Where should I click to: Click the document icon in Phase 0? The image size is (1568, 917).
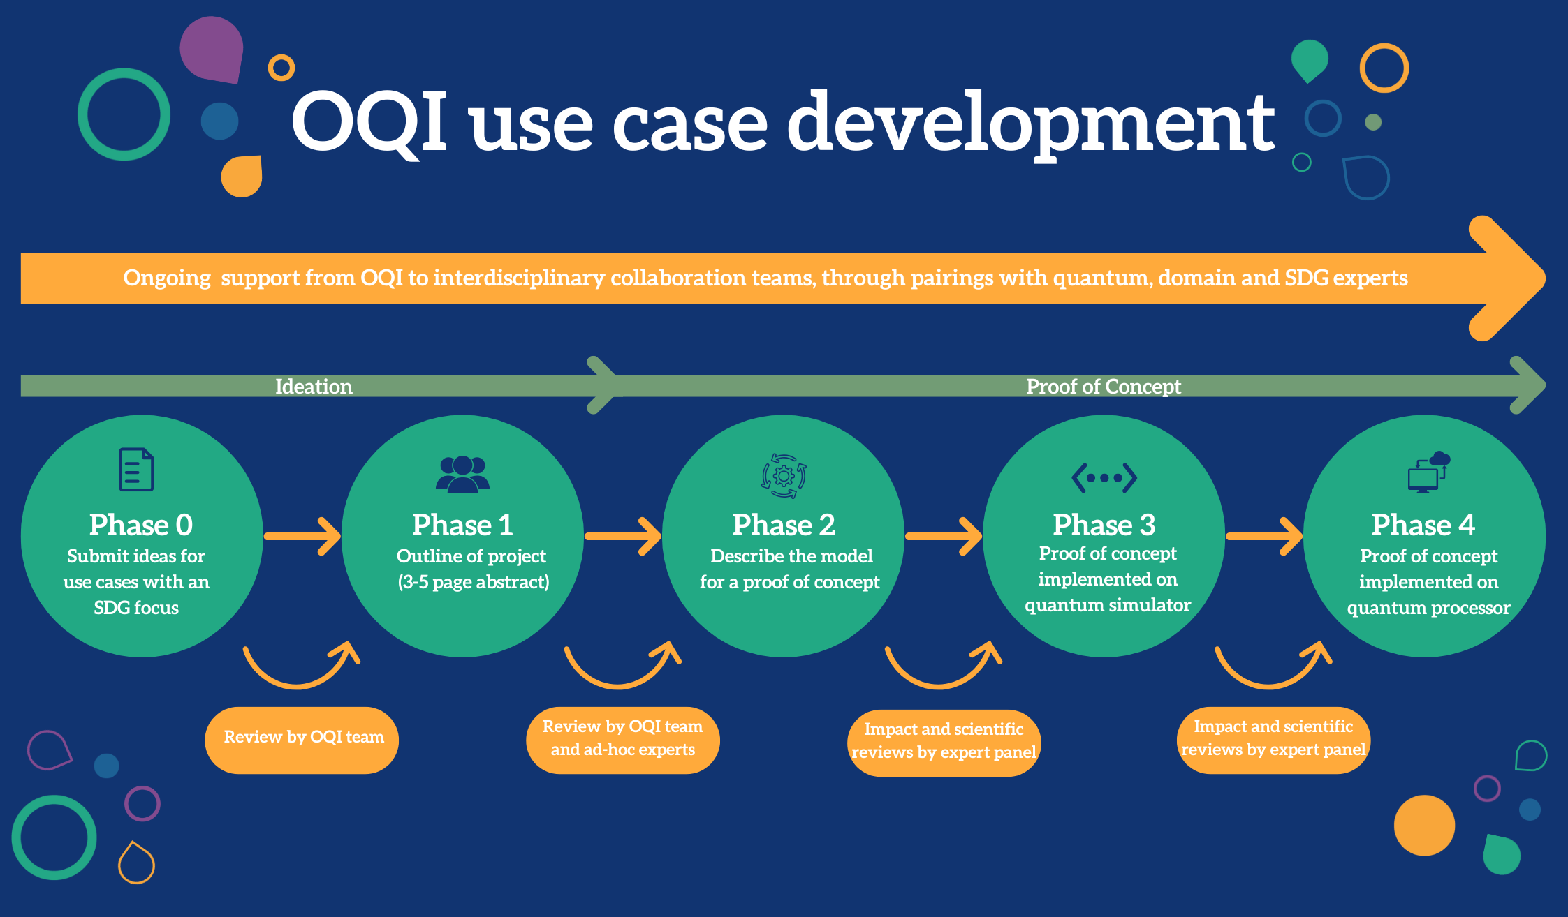point(136,469)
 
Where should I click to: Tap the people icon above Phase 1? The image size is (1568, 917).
point(462,474)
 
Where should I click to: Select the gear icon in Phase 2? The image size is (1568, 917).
point(784,476)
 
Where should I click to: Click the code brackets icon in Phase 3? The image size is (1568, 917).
point(1104,478)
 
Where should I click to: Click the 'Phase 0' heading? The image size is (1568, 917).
point(140,525)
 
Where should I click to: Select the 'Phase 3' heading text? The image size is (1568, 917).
point(1104,525)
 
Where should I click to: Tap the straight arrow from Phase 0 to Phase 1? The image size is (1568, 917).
point(302,536)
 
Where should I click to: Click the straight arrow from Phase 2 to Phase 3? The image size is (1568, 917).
point(944,536)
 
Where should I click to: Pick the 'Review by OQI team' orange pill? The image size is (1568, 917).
point(302,739)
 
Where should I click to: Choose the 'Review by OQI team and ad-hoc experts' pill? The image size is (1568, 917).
point(622,739)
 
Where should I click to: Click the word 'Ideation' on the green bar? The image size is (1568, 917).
point(314,387)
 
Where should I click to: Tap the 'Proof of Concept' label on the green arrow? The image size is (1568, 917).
point(1103,387)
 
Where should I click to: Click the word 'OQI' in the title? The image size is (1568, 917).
point(369,122)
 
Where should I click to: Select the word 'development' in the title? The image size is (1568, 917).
point(1030,124)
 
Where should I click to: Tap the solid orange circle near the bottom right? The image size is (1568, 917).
point(1424,825)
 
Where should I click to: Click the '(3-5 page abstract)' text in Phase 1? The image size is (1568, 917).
point(474,582)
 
